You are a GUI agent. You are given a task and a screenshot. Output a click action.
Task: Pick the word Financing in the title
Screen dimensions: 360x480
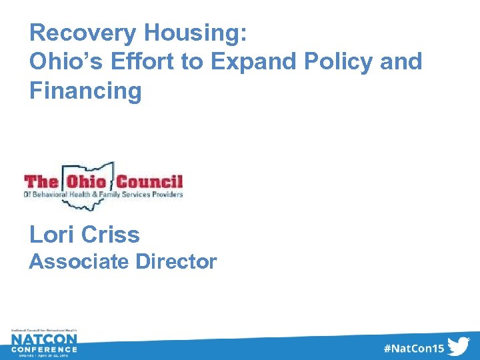pos(85,90)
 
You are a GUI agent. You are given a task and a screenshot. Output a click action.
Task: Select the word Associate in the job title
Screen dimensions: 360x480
pos(79,262)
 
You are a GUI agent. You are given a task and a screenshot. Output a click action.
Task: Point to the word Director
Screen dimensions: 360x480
pos(176,262)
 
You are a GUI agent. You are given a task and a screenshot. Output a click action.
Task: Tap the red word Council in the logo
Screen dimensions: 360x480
pos(149,181)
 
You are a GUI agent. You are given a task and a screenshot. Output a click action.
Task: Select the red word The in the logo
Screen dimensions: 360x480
pos(41,181)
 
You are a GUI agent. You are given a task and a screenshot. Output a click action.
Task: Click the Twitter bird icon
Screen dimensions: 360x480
pos(459,346)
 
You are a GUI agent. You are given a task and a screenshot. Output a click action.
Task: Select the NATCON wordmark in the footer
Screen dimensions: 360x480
pos(43,339)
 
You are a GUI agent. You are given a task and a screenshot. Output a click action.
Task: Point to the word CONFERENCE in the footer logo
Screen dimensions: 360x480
pos(43,349)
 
